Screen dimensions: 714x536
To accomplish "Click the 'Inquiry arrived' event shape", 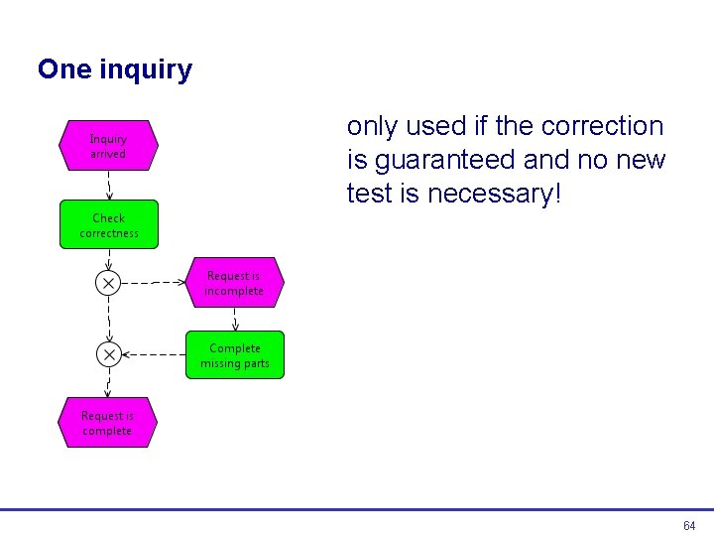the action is pyautogui.click(x=108, y=146).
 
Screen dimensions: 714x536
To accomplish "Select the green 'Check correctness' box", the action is pyautogui.click(x=109, y=224).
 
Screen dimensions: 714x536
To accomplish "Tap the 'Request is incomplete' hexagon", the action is pyautogui.click(x=234, y=283).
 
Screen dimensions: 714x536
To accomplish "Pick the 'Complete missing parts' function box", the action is pyautogui.click(x=235, y=355).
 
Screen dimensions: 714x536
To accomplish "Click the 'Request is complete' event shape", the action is pyautogui.click(x=107, y=423).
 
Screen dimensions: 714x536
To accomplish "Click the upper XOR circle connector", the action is pyautogui.click(x=108, y=283).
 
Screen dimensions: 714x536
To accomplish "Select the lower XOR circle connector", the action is pyautogui.click(x=108, y=354).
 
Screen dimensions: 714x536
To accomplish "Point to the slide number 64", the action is pyautogui.click(x=689, y=525).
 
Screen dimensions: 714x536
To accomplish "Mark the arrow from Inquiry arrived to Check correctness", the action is pyautogui.click(x=108, y=186).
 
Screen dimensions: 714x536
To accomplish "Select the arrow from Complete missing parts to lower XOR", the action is pyautogui.click(x=154, y=354).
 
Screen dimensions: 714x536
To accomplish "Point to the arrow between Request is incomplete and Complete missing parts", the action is pyautogui.click(x=235, y=319).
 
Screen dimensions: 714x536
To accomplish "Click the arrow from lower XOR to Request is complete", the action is pyautogui.click(x=108, y=382).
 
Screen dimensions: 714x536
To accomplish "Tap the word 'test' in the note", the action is pyautogui.click(x=369, y=194).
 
